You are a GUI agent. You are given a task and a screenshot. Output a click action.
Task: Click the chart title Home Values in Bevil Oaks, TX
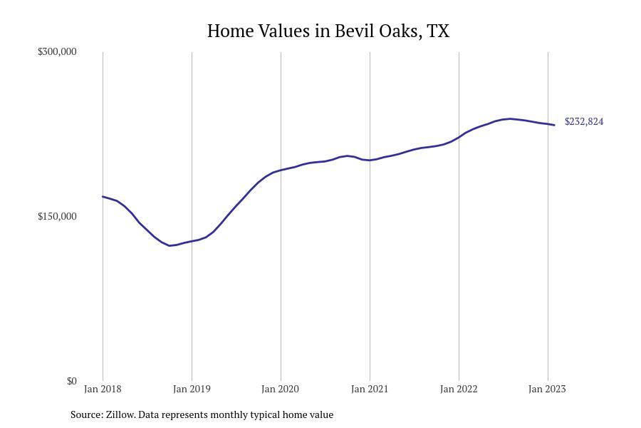pyautogui.click(x=328, y=31)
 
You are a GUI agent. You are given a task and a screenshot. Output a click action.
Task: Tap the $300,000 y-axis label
pyautogui.click(x=57, y=51)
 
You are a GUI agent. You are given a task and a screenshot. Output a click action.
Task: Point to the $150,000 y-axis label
pyautogui.click(x=57, y=216)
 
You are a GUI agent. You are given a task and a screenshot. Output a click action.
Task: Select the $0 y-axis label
pyautogui.click(x=71, y=382)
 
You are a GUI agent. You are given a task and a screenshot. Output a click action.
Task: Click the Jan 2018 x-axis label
pyautogui.click(x=103, y=389)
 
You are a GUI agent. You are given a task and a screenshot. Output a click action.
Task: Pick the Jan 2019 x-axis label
pyautogui.click(x=192, y=389)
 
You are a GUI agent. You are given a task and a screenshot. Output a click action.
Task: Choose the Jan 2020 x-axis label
pyautogui.click(x=281, y=389)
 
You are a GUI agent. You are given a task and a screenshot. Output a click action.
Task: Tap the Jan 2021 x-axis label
pyautogui.click(x=370, y=389)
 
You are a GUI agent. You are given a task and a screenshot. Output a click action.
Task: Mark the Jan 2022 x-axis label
pyautogui.click(x=459, y=389)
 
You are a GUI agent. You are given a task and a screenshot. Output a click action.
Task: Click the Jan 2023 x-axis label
pyautogui.click(x=548, y=389)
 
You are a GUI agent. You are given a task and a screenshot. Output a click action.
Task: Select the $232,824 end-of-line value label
pyautogui.click(x=584, y=122)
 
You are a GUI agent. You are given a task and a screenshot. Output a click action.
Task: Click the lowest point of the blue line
pyautogui.click(x=170, y=245)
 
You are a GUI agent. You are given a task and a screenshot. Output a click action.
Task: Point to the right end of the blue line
pyautogui.click(x=555, y=125)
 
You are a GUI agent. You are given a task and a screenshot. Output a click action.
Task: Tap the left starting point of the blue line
pyautogui.click(x=103, y=197)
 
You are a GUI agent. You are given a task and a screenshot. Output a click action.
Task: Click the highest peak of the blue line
pyautogui.click(x=510, y=119)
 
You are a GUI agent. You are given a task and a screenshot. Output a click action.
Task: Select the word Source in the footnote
pyautogui.click(x=87, y=415)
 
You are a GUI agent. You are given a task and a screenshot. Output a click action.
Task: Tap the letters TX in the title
pyautogui.click(x=438, y=31)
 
